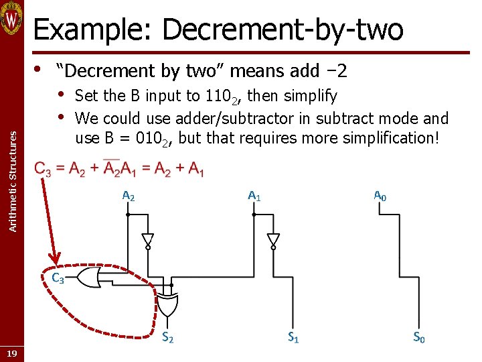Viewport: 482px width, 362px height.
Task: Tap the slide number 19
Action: coord(12,353)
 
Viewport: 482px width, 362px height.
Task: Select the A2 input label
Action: coord(128,196)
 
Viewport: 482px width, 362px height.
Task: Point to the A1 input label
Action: coord(254,196)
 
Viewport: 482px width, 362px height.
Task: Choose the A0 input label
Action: coord(380,196)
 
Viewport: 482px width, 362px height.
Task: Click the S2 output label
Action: coord(168,338)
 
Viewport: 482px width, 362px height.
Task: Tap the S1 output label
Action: coord(293,338)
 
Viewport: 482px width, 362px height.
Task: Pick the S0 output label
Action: coord(418,338)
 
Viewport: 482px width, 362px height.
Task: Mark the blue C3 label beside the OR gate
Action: coord(58,278)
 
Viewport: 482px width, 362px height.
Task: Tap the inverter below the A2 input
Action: coord(147,240)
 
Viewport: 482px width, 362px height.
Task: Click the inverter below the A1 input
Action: coord(272,240)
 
